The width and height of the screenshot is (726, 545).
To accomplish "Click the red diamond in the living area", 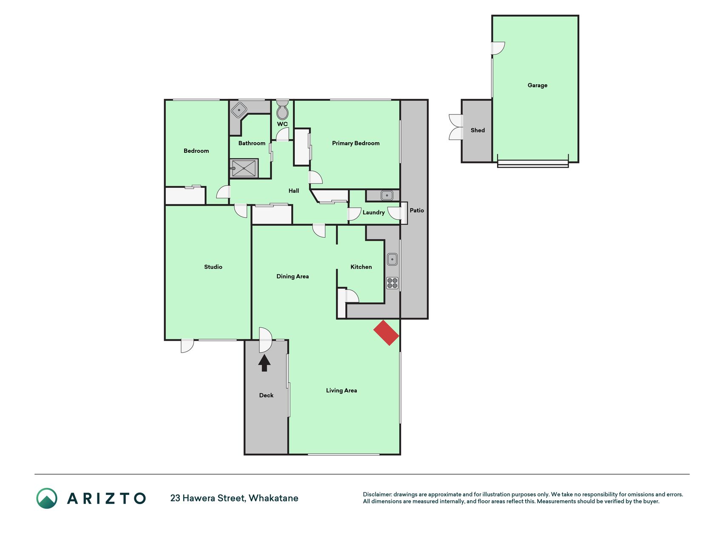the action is coord(386,333).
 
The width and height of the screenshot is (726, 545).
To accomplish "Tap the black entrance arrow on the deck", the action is coord(265,363).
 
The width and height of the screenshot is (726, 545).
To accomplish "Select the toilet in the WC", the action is coord(282,110).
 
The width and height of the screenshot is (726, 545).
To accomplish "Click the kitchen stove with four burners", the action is coord(392,283).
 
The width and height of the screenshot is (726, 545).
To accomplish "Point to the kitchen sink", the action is coord(392,259).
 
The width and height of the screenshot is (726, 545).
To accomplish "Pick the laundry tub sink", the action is coord(387,195).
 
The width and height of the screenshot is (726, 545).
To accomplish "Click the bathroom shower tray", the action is coord(244,168).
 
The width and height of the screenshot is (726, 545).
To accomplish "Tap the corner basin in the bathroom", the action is coord(239,110).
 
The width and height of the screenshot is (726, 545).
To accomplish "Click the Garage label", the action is coord(538,85).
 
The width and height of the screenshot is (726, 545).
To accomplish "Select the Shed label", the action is coord(478,130).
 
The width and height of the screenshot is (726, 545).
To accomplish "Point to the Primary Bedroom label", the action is coord(356,143).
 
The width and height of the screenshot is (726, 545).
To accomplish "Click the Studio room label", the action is coord(213,267).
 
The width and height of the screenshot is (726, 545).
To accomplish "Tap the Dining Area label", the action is coord(293,276).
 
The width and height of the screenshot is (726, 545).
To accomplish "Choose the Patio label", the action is coord(417,210).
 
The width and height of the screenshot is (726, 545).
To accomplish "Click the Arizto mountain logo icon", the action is coord(47,498).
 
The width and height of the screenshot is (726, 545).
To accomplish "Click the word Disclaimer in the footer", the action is coord(377,494).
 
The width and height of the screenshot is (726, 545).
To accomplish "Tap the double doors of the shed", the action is coord(456,127).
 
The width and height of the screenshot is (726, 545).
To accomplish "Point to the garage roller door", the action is coord(533,163).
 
